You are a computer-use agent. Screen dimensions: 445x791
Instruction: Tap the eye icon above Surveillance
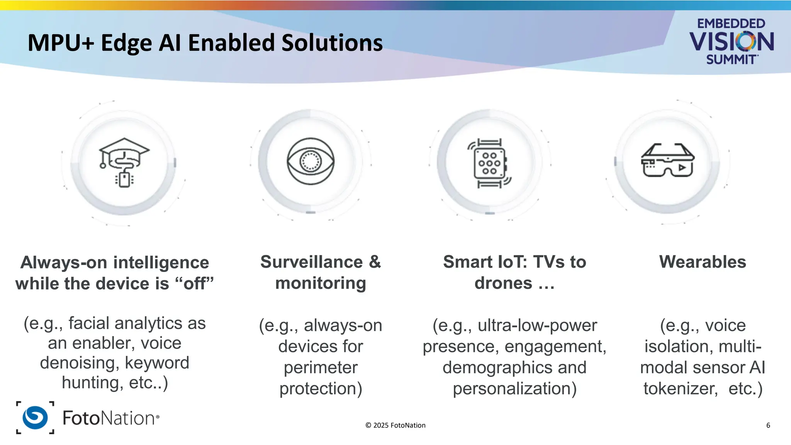[311, 161]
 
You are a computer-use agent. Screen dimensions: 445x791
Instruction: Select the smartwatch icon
[489, 163]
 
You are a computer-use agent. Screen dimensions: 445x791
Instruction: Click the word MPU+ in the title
[61, 42]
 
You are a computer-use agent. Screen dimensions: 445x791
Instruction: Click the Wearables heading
[703, 262]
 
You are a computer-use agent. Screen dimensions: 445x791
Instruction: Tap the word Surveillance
[311, 262]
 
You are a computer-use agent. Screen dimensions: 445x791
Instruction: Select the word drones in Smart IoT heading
[503, 283]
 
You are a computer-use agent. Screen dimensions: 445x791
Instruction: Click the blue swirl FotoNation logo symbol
[35, 418]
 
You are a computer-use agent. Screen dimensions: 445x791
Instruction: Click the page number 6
[768, 425]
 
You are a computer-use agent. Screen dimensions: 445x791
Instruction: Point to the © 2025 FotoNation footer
[395, 425]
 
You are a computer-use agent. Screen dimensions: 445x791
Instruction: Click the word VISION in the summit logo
[732, 42]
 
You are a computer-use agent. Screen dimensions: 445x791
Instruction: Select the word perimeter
[321, 367]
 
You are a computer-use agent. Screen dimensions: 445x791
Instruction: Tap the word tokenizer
[680, 389]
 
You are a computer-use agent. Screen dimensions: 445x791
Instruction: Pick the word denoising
[80, 363]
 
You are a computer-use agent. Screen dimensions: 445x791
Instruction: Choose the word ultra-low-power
[537, 325]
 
